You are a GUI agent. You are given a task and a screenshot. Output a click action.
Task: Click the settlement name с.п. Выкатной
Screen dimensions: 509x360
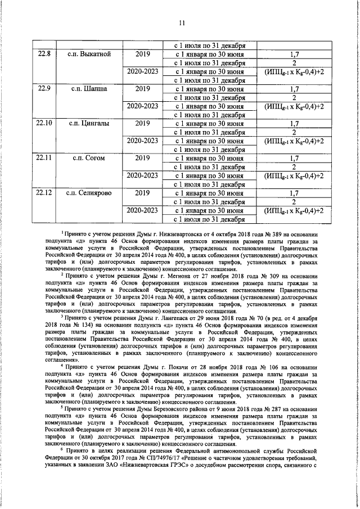click(x=89, y=55)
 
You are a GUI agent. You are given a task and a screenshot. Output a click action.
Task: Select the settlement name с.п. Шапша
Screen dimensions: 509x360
click(x=89, y=89)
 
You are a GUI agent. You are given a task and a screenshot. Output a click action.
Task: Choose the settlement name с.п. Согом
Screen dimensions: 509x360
click(x=89, y=158)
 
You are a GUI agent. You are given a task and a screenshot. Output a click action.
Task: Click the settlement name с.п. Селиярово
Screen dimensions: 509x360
click(x=89, y=193)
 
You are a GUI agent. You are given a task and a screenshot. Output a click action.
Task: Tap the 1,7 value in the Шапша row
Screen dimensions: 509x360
click(x=294, y=89)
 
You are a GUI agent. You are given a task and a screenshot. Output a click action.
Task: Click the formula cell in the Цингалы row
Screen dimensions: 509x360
click(x=294, y=141)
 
